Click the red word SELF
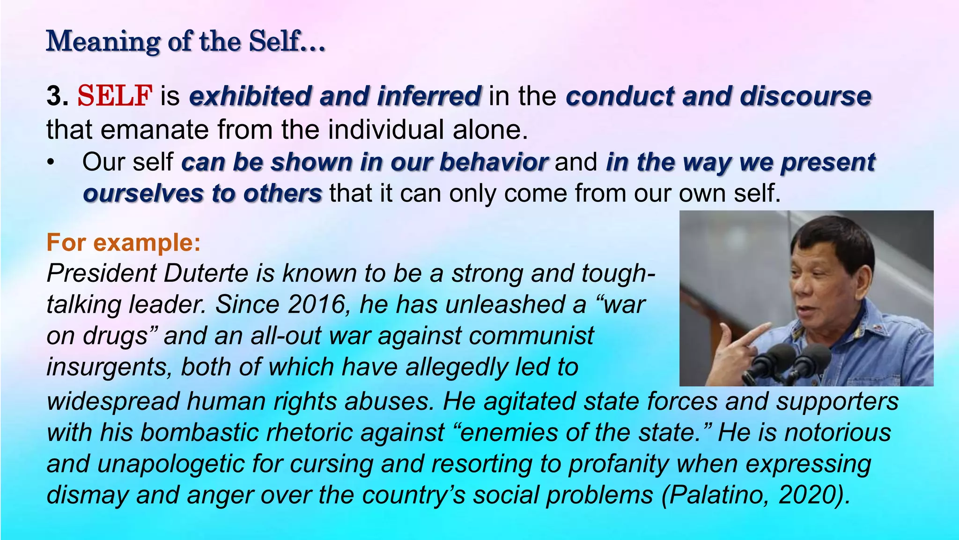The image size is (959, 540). click(x=115, y=96)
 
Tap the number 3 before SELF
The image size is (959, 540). click(x=54, y=96)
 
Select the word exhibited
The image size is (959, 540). click(x=250, y=96)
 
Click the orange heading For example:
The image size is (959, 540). click(x=124, y=242)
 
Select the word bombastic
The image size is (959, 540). click(x=199, y=432)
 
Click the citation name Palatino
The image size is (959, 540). click(x=718, y=495)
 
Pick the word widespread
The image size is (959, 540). click(x=113, y=402)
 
